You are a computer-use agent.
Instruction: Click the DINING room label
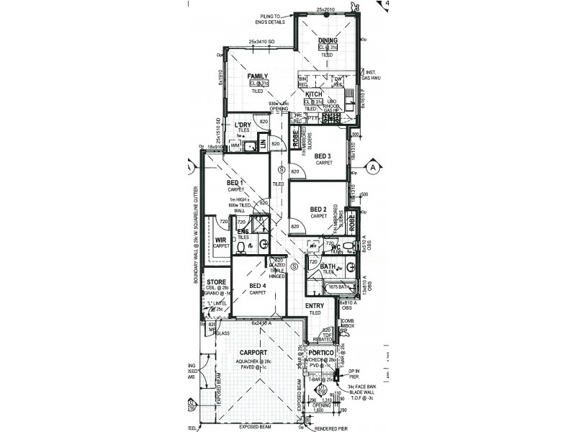click(x=328, y=40)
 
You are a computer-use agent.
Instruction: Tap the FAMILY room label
click(x=258, y=76)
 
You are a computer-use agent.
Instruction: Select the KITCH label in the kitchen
click(x=313, y=94)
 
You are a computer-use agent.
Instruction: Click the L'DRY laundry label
click(x=243, y=126)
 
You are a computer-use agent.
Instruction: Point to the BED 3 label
click(x=323, y=156)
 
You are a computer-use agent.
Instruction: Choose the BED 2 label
click(x=319, y=209)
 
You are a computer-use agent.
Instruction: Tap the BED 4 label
click(x=257, y=286)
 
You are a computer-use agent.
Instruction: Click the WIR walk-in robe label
click(x=221, y=240)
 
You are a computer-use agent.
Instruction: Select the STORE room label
click(x=217, y=282)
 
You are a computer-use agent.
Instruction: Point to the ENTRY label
click(x=315, y=305)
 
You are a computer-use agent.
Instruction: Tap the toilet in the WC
click(x=348, y=246)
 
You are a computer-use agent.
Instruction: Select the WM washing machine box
click(x=235, y=145)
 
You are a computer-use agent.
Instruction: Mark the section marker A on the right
click(x=373, y=167)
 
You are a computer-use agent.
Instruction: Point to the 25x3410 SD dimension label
click(x=264, y=42)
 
